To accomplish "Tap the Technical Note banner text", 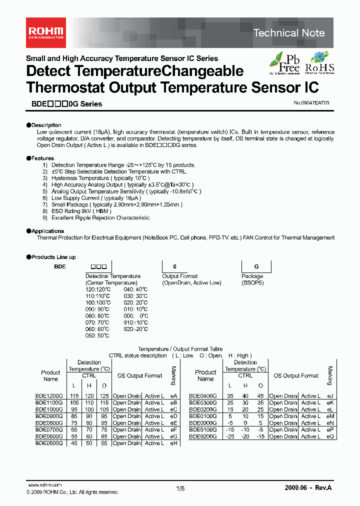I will coord(289,33).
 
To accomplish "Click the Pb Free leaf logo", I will coord(285,63).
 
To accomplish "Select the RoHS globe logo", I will coord(319,63).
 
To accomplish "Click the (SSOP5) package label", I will coord(252,282).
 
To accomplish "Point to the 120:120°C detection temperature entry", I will coord(98,289).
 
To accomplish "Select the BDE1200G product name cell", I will coord(49,395).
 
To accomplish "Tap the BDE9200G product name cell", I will coord(203,436).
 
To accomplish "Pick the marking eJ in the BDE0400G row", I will coord(329,395).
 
